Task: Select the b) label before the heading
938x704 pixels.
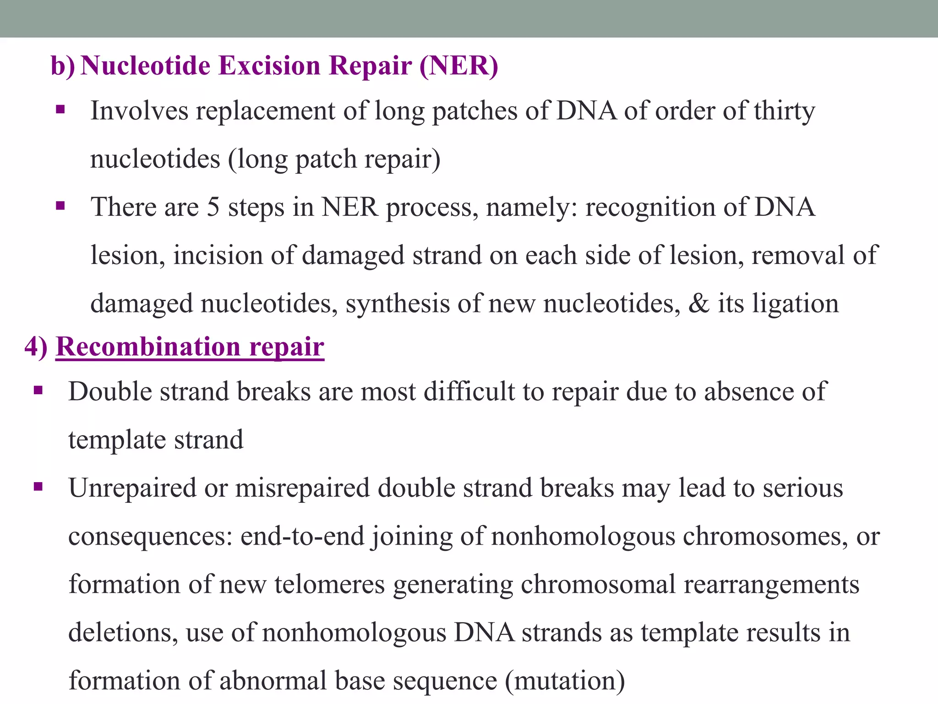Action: [x=63, y=66]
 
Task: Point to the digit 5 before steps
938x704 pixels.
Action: [x=213, y=207]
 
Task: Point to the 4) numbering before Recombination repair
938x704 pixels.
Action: [x=36, y=346]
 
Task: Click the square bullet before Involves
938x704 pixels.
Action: [x=60, y=110]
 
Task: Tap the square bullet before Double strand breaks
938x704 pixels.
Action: [x=38, y=391]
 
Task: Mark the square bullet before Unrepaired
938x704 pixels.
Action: [x=38, y=487]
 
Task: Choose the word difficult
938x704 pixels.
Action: [x=469, y=392]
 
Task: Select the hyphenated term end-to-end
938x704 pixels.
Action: [x=302, y=536]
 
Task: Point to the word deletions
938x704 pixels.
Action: [x=123, y=632]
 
